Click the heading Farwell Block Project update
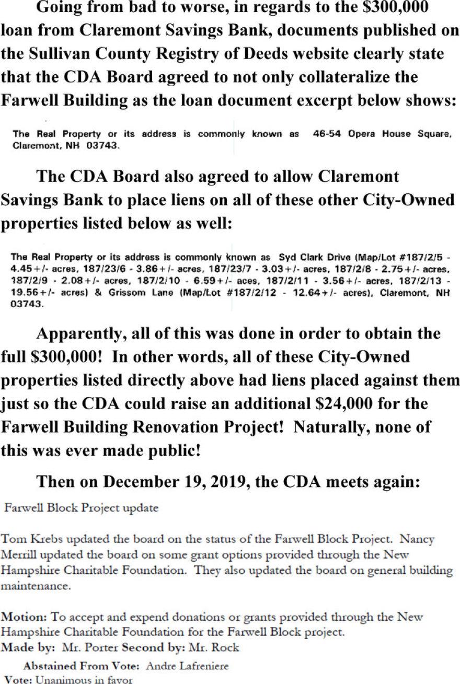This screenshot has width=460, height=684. (x=81, y=508)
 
